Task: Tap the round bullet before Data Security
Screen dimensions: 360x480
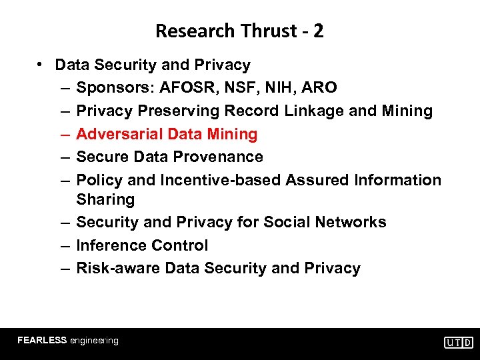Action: pyautogui.click(x=41, y=64)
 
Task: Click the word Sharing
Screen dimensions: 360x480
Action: pyautogui.click(x=105, y=199)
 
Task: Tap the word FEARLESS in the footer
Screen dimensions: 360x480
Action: pyautogui.click(x=42, y=340)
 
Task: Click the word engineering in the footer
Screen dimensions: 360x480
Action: pyautogui.click(x=94, y=340)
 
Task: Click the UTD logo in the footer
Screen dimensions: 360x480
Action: pyautogui.click(x=459, y=342)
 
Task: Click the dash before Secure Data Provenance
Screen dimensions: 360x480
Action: pyautogui.click(x=61, y=157)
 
